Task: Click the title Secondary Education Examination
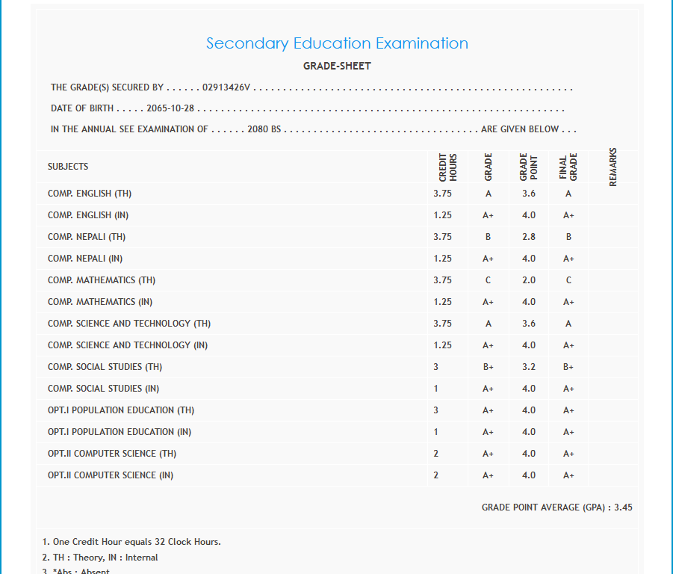(x=337, y=43)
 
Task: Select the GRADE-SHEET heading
(x=337, y=66)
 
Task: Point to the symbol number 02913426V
(x=227, y=87)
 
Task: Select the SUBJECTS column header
(x=68, y=167)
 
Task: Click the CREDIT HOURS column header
(x=448, y=167)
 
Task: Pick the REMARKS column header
(x=613, y=167)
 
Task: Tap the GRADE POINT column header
(x=529, y=167)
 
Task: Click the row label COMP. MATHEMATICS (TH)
(x=102, y=280)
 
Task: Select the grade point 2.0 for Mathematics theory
(x=529, y=280)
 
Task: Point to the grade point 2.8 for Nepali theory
(x=529, y=237)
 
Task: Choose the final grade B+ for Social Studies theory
(x=568, y=367)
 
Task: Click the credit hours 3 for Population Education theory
(x=436, y=410)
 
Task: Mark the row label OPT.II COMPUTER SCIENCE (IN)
(x=111, y=475)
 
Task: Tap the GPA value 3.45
(x=623, y=507)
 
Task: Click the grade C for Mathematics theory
(x=488, y=280)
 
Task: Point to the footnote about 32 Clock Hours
(x=131, y=542)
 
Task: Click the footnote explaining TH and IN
(x=100, y=558)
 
